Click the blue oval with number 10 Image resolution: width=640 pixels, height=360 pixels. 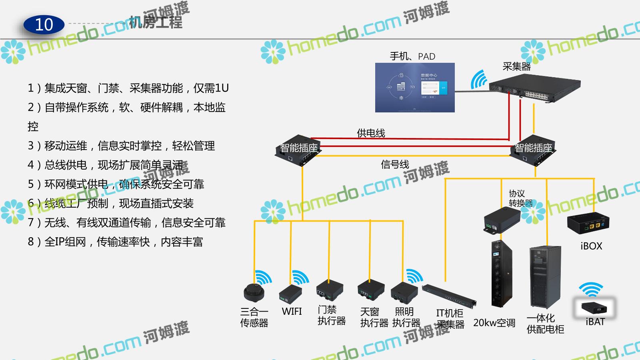(44, 25)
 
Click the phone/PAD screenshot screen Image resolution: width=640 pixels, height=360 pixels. (415, 88)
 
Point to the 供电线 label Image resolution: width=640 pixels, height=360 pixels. (371, 133)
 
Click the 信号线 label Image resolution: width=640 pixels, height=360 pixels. (395, 164)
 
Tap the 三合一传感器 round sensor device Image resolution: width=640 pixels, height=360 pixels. (254, 293)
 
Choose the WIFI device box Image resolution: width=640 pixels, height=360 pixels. (290, 294)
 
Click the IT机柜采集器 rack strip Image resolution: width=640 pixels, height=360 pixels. (449, 296)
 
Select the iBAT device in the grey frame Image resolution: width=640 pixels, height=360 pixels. (594, 308)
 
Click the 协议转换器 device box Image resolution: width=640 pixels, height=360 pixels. (502, 220)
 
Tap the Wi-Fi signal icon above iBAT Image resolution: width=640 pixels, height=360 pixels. (591, 289)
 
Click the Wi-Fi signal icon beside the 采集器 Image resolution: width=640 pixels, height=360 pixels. (479, 80)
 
